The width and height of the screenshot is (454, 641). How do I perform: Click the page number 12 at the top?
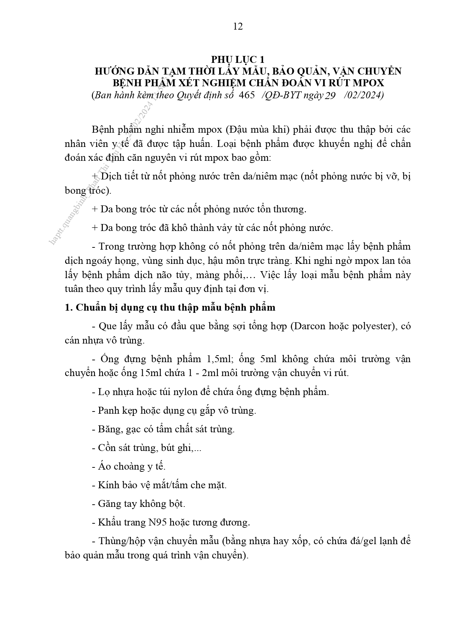pyautogui.click(x=238, y=26)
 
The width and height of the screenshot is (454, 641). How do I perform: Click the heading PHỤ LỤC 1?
pyautogui.click(x=237, y=60)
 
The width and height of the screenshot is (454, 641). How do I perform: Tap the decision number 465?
pyautogui.click(x=246, y=95)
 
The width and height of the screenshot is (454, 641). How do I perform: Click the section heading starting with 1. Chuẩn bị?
pyautogui.click(x=170, y=307)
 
